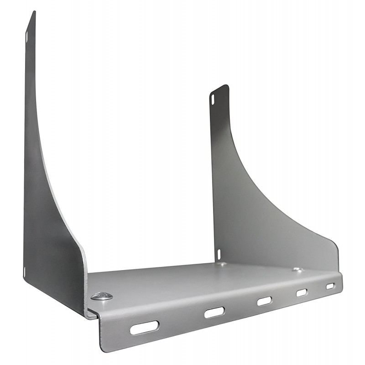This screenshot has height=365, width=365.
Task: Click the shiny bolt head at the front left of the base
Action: point(101,296)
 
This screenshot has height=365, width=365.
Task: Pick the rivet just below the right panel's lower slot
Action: point(222,264)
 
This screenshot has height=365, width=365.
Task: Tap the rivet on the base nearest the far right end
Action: point(297,270)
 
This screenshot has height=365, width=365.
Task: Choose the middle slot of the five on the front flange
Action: point(264,301)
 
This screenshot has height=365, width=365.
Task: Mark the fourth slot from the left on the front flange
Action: point(302,292)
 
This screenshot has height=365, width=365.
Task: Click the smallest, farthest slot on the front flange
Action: point(330,286)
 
